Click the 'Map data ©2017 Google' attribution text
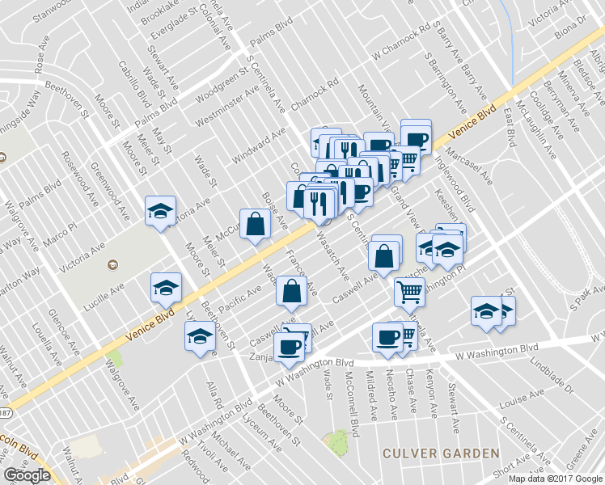(555, 479)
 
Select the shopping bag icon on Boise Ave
(255, 226)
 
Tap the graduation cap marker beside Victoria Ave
(160, 213)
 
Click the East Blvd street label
(509, 129)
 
